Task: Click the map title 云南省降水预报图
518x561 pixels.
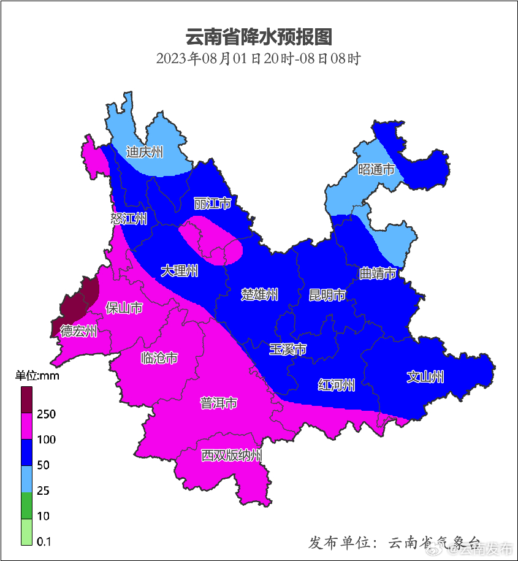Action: [x=259, y=37]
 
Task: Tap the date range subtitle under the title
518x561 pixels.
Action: [x=258, y=59]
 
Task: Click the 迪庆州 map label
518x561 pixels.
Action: [x=145, y=152]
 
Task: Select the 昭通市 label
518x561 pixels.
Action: [x=376, y=170]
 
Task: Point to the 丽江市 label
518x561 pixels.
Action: [x=212, y=203]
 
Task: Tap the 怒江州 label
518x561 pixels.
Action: [x=129, y=219]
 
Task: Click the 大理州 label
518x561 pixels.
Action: [x=180, y=271]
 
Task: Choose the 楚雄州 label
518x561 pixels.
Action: [x=260, y=295]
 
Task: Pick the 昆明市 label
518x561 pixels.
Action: [x=327, y=296]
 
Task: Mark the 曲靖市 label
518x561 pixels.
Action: [x=378, y=273]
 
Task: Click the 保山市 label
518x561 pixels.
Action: [x=124, y=308]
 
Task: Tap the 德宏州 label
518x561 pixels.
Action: [x=78, y=332]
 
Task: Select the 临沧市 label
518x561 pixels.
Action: [x=159, y=358]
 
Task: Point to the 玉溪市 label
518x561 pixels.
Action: [x=288, y=349]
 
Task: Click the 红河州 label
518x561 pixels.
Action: [x=337, y=385]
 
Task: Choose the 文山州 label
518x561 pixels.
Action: [x=425, y=377]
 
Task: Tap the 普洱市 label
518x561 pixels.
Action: [x=219, y=403]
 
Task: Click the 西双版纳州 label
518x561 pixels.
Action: [x=232, y=456]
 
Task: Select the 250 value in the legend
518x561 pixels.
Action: [x=46, y=414]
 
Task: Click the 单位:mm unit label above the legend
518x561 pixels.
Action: [x=37, y=376]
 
